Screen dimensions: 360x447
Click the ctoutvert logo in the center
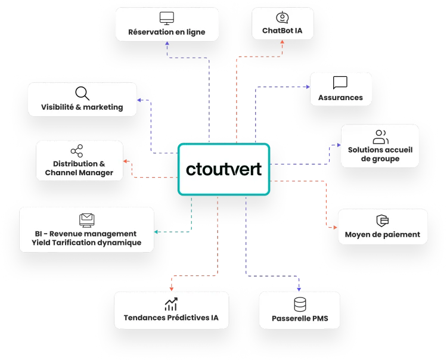[x=223, y=169]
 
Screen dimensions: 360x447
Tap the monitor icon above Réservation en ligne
[x=166, y=18]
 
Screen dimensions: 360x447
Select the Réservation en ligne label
[x=166, y=32]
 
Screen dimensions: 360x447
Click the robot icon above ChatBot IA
[x=282, y=17]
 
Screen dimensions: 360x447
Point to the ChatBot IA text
[x=282, y=32]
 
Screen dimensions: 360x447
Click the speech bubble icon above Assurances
[x=340, y=83]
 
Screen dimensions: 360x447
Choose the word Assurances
[x=340, y=97]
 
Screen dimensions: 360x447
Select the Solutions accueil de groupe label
[x=380, y=154]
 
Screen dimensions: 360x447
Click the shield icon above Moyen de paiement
[x=383, y=220]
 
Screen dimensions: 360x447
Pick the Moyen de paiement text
[x=383, y=234]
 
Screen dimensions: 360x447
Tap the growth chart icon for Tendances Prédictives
[x=171, y=304]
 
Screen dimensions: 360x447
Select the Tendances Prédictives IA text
[x=171, y=318]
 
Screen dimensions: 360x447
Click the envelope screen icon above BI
[x=86, y=219]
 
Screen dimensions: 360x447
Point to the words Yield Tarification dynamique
[x=87, y=243]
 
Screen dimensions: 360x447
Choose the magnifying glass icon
[x=82, y=93]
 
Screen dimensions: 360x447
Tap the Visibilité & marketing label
[x=82, y=107]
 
